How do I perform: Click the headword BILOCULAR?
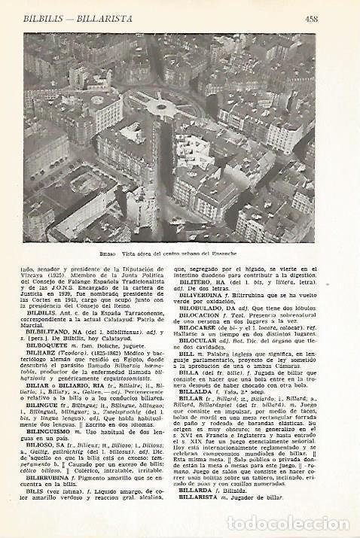210,338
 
